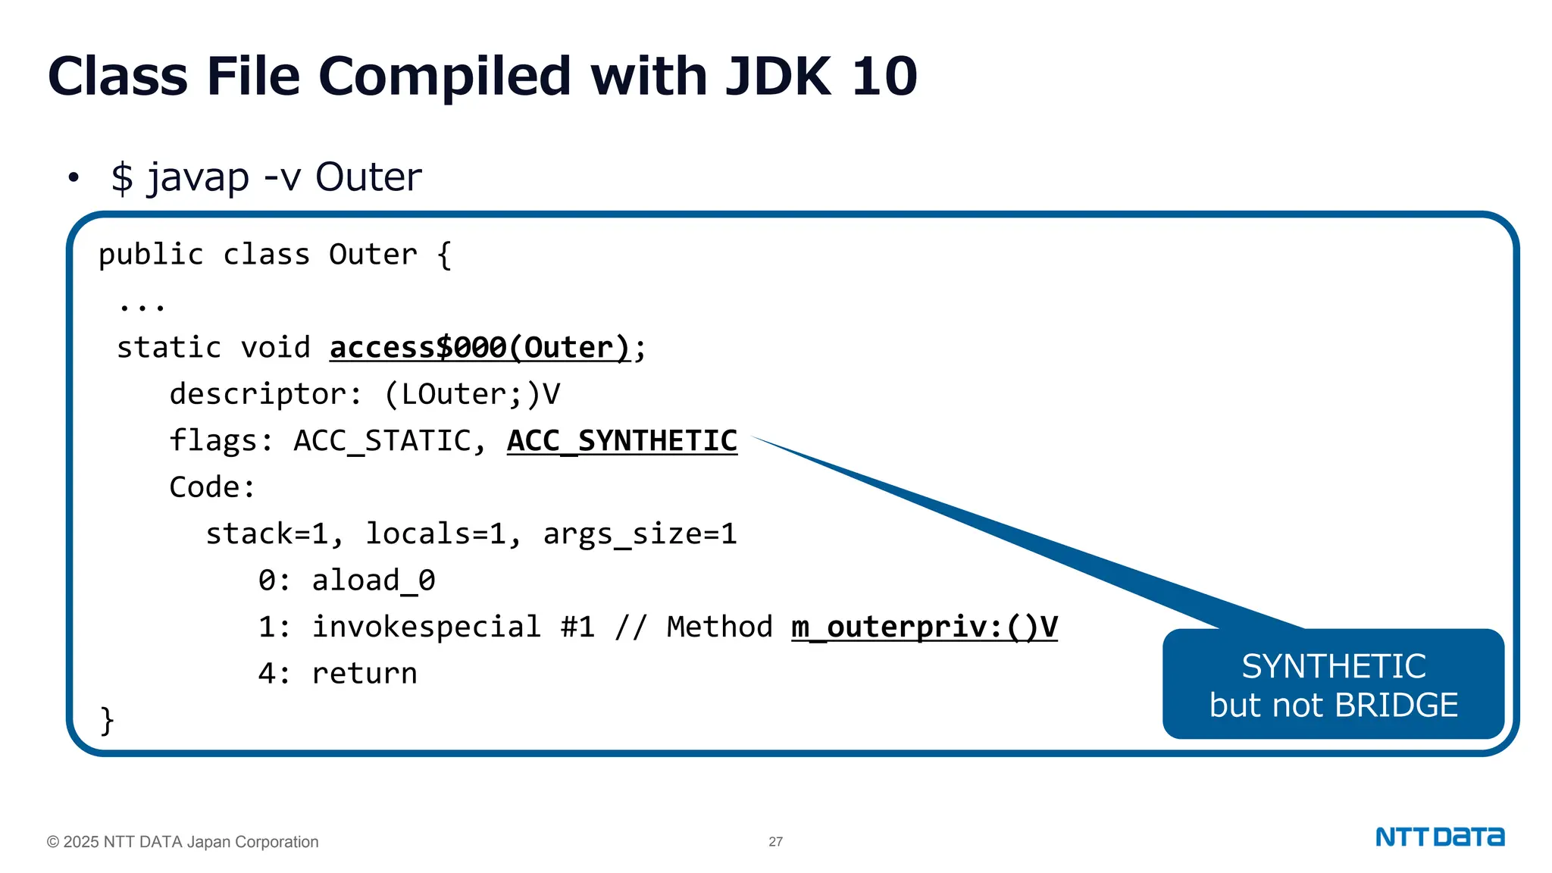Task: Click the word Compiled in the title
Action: point(444,77)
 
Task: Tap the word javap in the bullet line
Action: point(198,178)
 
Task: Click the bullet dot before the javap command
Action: point(74,178)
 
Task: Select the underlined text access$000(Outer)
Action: point(479,348)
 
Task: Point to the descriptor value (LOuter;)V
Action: point(472,394)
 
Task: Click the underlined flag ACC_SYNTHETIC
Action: point(621,441)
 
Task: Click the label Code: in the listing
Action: point(212,487)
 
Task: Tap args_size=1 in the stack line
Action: point(640,534)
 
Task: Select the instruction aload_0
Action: point(373,580)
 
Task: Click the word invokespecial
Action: point(426,627)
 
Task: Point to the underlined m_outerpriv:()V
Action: point(924,627)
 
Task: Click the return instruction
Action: point(364,674)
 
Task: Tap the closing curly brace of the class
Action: point(107,720)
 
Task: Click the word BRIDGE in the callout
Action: point(1396,706)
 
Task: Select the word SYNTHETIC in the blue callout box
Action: point(1333,667)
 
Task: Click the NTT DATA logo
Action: point(1439,837)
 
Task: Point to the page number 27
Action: point(775,842)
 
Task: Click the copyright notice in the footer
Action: point(183,842)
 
